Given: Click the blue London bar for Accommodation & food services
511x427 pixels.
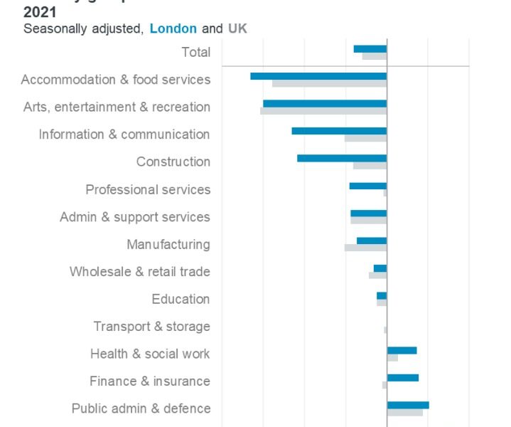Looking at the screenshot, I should (318, 76).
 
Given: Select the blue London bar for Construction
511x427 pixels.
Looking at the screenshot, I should (342, 158).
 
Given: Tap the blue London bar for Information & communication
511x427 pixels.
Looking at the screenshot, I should (339, 131).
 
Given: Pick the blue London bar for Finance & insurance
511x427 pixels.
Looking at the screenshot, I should (403, 377).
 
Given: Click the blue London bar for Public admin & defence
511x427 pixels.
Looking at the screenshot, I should (408, 405).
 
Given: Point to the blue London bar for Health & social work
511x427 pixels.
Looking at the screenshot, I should (402, 350).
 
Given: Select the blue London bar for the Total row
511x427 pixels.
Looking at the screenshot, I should (370, 48).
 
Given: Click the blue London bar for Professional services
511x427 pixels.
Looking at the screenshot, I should (368, 186).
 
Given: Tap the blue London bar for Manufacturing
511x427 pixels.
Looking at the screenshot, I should (372, 241).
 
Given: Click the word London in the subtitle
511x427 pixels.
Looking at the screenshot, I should (173, 29).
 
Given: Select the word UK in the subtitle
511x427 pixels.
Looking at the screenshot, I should (237, 29).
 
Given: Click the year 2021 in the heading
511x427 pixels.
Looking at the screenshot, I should (40, 12).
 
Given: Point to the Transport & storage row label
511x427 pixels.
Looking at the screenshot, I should (151, 327).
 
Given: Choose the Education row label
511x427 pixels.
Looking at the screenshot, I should (181, 299).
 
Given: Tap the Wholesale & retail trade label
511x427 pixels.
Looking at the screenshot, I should (139, 272).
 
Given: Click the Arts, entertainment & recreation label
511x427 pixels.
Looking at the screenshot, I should (117, 107).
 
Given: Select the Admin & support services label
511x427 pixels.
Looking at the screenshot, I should (134, 217).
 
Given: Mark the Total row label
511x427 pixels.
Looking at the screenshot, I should (195, 52).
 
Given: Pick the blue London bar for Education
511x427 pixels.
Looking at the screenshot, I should (382, 295).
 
